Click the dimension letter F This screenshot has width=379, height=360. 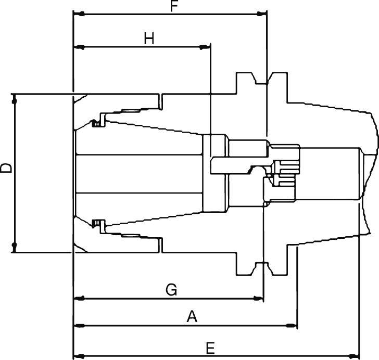coord(174,6)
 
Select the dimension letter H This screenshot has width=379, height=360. coord(149,38)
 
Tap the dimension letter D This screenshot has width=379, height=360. coord(6,168)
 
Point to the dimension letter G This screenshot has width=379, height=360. coord(171,290)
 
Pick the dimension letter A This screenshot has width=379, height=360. coord(192,317)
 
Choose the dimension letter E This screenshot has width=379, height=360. coord(210,348)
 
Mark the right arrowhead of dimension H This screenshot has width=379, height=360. coord(205,47)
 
